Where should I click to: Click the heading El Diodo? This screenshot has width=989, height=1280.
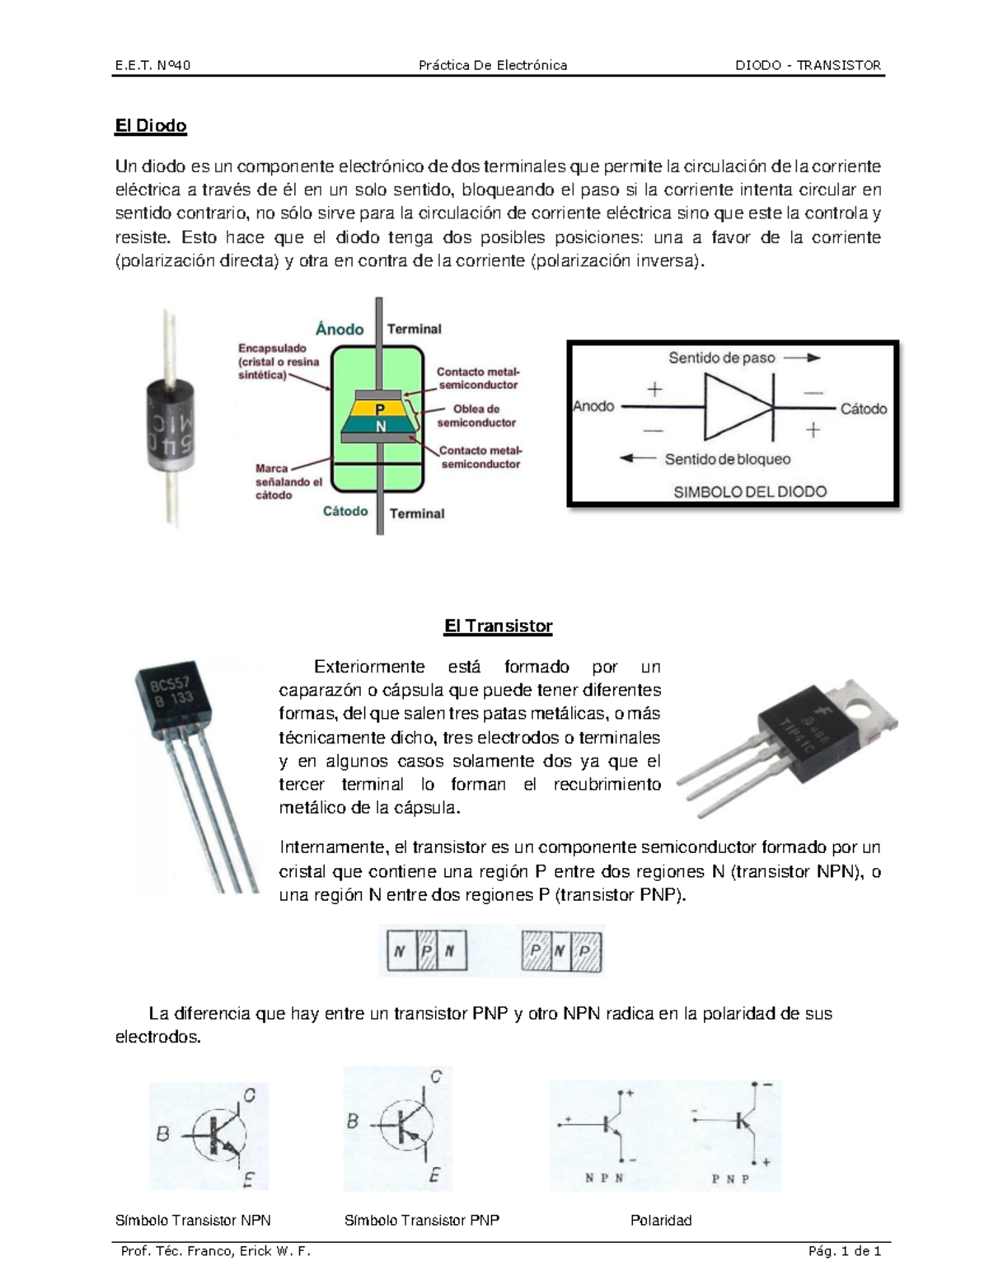[x=151, y=126]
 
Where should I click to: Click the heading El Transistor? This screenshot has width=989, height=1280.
[x=498, y=626]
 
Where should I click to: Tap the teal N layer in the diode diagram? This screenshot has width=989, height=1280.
[x=380, y=426]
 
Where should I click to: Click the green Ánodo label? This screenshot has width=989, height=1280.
[x=340, y=329]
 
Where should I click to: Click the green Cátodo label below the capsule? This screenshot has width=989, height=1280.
[x=345, y=511]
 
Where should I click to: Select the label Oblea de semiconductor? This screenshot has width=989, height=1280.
[x=476, y=415]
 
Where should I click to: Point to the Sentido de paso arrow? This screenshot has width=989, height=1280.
[x=801, y=358]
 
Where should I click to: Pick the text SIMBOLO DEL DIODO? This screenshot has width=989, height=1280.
[x=749, y=492]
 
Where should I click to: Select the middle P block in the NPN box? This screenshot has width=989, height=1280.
[x=427, y=951]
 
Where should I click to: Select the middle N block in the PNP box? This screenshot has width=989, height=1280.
[x=560, y=951]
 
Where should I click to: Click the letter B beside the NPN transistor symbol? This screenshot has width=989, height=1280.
[x=163, y=1134]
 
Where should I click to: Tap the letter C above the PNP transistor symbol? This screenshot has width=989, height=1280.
[x=436, y=1076]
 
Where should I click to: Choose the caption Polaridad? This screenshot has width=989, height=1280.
[x=660, y=1220]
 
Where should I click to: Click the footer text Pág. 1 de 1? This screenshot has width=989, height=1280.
[x=845, y=1251]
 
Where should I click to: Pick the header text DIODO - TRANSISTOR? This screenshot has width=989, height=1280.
[x=808, y=65]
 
